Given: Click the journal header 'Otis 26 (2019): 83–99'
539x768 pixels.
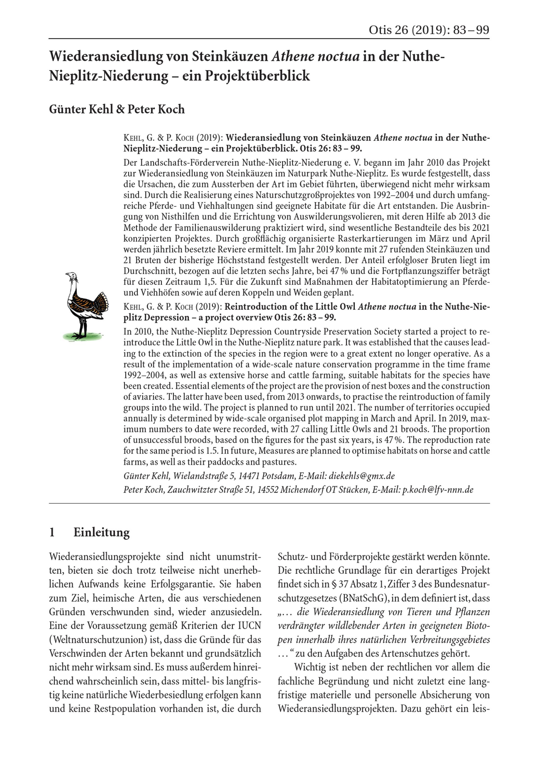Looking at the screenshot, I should click(429, 30).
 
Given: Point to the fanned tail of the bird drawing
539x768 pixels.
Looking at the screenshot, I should click(101, 303).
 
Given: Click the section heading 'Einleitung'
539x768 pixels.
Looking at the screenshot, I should click(101, 532).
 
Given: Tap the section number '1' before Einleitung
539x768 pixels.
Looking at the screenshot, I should click(52, 532).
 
